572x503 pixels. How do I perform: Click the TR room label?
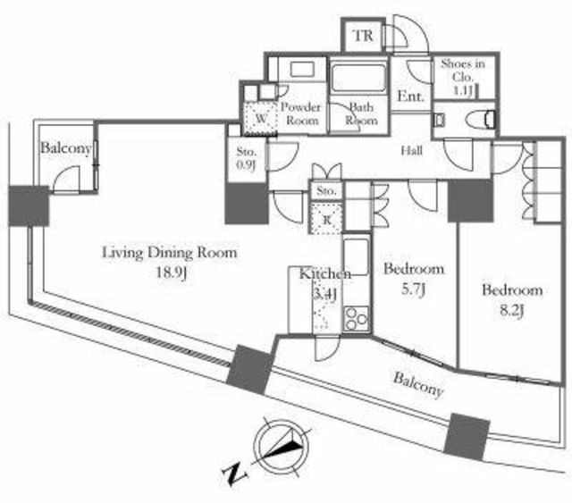[x=364, y=36]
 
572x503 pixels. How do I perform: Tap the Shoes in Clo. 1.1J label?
[x=463, y=77]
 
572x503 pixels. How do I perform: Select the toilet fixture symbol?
[x=480, y=119]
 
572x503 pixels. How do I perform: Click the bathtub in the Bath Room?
[x=357, y=78]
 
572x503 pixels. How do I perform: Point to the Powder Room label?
[x=301, y=113]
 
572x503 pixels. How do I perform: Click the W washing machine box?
[x=261, y=118]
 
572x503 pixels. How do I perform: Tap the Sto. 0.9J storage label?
[x=247, y=158]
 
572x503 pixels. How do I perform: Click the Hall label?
[x=412, y=150]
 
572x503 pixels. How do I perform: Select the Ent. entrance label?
[x=411, y=96]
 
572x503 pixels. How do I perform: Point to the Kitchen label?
[x=325, y=274]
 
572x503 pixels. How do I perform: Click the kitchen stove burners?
[x=357, y=318]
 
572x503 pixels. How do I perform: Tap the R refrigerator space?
[x=325, y=219]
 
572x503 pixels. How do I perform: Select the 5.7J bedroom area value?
[x=414, y=289]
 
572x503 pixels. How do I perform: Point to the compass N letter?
[x=234, y=474]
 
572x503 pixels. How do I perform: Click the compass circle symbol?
[x=282, y=448]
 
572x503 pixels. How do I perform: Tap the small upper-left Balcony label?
[x=65, y=148]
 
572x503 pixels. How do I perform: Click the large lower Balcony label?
[x=418, y=385]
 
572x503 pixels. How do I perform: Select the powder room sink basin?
[x=302, y=70]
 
